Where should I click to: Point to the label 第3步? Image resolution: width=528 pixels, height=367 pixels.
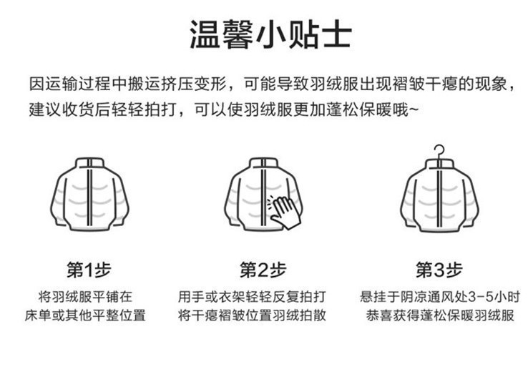(x=439, y=270)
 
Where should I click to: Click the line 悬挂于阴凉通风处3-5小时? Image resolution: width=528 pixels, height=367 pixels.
(x=439, y=296)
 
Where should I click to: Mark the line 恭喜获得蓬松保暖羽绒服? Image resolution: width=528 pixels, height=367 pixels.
(x=439, y=315)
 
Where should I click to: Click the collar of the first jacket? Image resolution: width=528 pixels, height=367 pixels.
(x=89, y=162)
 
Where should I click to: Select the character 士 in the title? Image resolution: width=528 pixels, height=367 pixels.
(x=335, y=34)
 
